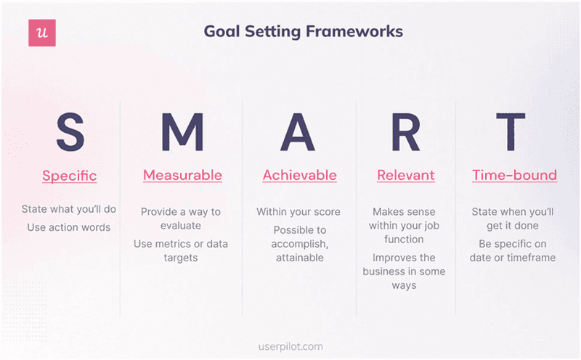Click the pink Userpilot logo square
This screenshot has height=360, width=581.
pyautogui.click(x=42, y=33)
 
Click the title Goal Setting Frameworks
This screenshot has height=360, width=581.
pyautogui.click(x=303, y=32)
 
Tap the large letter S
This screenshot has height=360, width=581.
pyautogui.click(x=70, y=133)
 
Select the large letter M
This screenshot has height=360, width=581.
pyautogui.click(x=182, y=133)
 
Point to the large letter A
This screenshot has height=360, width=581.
pyautogui.click(x=299, y=133)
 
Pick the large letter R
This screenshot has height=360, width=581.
pyautogui.click(x=405, y=133)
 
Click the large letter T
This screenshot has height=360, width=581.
pyautogui.click(x=513, y=133)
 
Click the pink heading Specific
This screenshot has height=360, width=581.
pyautogui.click(x=69, y=176)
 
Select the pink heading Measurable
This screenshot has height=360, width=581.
pyautogui.click(x=182, y=175)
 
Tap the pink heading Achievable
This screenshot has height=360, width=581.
pyautogui.click(x=299, y=175)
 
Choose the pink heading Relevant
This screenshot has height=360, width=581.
pyautogui.click(x=405, y=175)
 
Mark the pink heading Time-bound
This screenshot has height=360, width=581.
pyautogui.click(x=514, y=175)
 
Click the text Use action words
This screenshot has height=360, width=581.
pyautogui.click(x=69, y=227)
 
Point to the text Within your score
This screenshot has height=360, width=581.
pyautogui.click(x=298, y=212)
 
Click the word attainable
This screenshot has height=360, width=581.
pyautogui.click(x=299, y=258)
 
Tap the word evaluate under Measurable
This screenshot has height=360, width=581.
pyautogui.click(x=181, y=226)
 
